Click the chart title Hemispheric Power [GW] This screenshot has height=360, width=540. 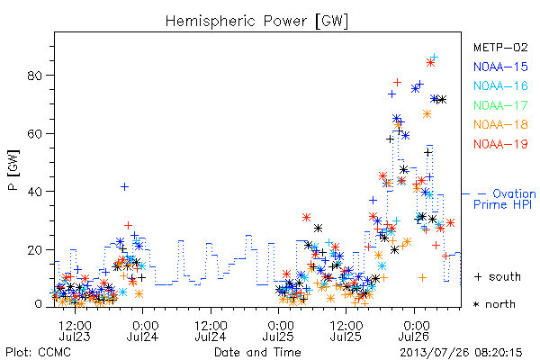[256, 21]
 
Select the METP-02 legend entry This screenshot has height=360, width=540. [500, 47]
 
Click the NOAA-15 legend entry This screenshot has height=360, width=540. [500, 67]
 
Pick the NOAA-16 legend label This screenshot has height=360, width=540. [500, 85]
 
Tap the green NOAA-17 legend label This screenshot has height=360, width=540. [500, 105]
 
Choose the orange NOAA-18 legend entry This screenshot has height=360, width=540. [500, 124]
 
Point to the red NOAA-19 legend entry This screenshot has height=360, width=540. [500, 144]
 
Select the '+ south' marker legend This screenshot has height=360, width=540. [498, 276]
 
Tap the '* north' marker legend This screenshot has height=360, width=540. [494, 304]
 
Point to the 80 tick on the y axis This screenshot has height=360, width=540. [35, 76]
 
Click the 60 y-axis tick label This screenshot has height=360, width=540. [35, 134]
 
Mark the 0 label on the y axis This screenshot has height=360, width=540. [39, 304]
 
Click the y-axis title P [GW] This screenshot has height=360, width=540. [13, 170]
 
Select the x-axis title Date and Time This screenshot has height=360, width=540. [257, 352]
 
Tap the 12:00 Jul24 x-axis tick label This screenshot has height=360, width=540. [211, 330]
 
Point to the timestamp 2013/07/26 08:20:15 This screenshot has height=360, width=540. [461, 353]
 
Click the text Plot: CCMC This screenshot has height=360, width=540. [38, 353]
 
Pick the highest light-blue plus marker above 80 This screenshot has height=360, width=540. [435, 57]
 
